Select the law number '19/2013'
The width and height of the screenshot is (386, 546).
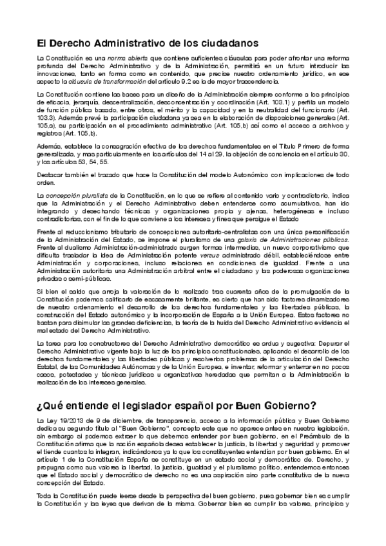pyautogui.click(x=67, y=419)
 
